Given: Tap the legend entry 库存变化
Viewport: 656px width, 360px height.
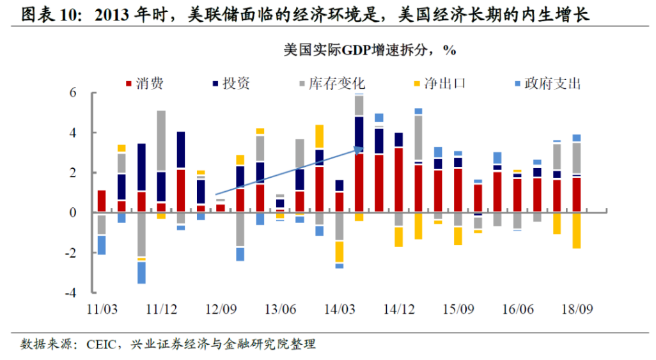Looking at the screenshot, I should [x=336, y=84].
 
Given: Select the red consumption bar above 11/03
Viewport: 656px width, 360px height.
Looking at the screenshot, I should [x=102, y=201].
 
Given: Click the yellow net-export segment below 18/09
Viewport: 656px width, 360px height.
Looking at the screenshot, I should [x=577, y=230].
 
